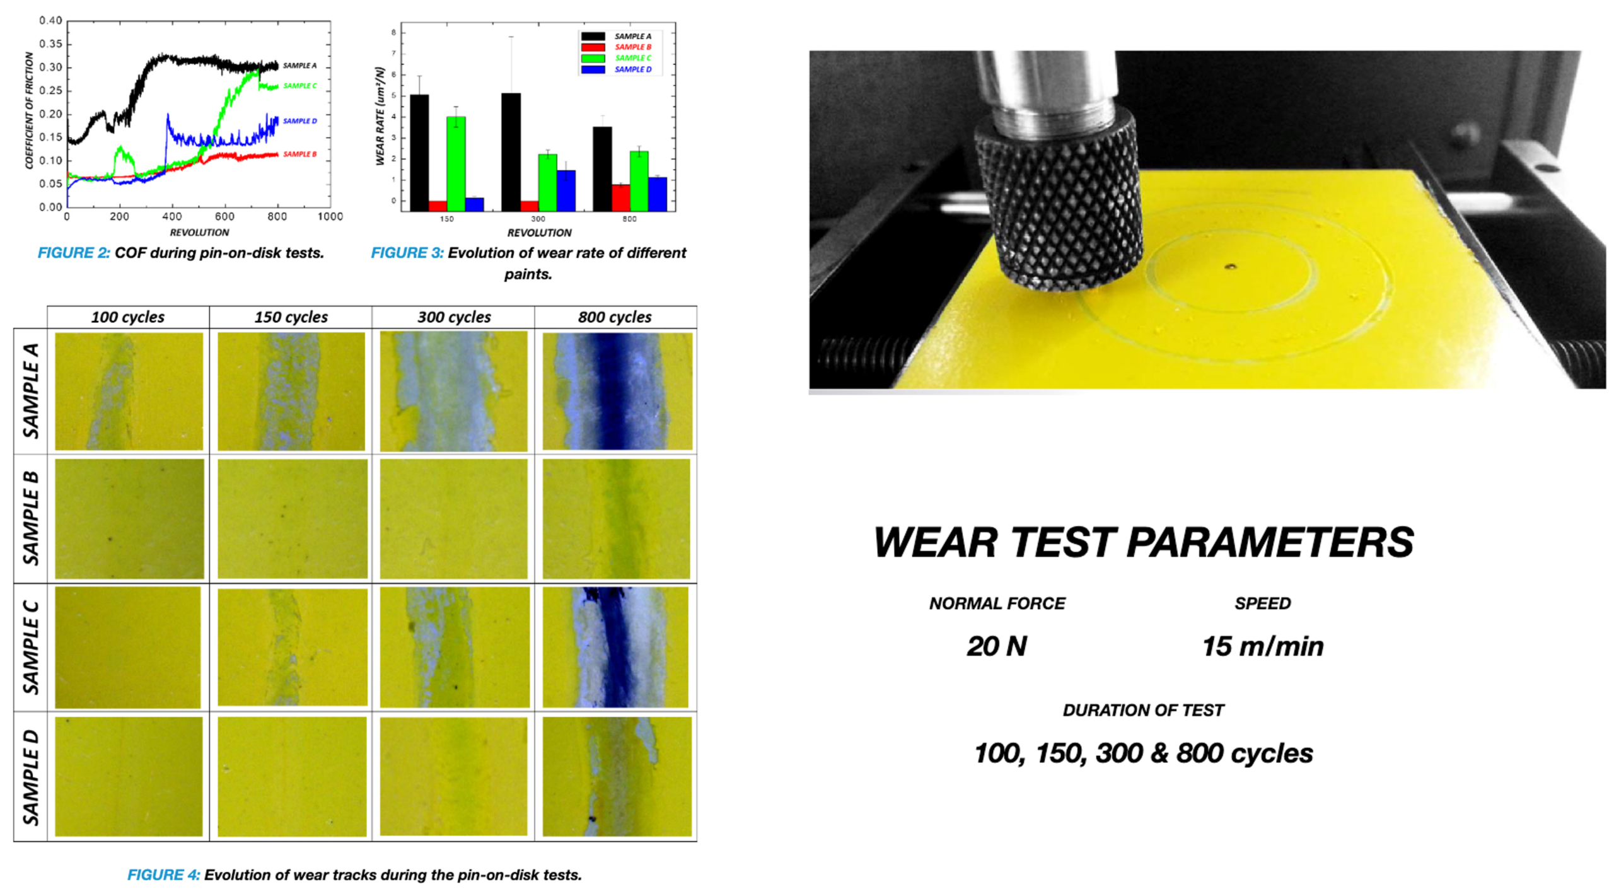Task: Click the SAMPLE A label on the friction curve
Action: [299, 66]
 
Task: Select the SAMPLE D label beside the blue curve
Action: [299, 121]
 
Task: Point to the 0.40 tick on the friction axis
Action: [50, 21]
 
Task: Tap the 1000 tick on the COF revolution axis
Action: [330, 217]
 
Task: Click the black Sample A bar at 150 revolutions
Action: [419, 153]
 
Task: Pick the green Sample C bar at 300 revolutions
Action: [547, 182]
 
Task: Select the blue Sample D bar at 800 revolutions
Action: [658, 194]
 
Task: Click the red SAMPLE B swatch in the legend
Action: [593, 47]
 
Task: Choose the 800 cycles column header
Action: [615, 317]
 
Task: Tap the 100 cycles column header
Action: [128, 317]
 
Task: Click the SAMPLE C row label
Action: [31, 648]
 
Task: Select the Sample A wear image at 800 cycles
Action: [617, 392]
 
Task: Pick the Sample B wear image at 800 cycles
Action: [616, 519]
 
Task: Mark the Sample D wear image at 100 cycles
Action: [129, 776]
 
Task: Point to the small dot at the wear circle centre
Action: [1230, 267]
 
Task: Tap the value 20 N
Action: [997, 646]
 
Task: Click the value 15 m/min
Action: [1262, 646]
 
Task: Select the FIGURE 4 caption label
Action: [163, 875]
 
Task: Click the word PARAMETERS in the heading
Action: [1270, 542]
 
